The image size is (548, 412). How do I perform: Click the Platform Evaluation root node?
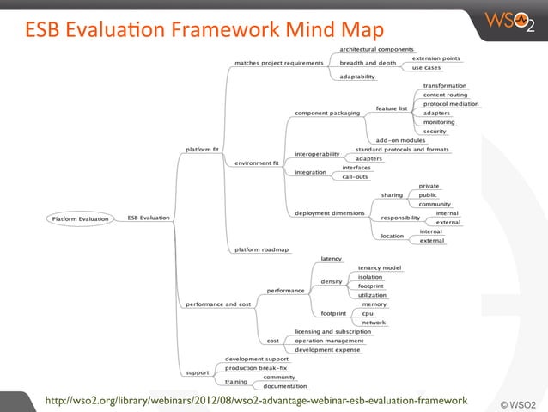click(x=82, y=218)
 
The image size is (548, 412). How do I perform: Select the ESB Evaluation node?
click(x=149, y=218)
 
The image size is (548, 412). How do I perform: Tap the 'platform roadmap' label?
click(x=262, y=249)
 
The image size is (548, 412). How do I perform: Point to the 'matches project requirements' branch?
click(x=279, y=63)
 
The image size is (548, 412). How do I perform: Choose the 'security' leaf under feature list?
click(x=435, y=131)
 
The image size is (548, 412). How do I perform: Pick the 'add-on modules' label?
click(x=401, y=140)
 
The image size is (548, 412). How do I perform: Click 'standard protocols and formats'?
click(x=402, y=150)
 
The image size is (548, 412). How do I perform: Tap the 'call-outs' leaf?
click(x=355, y=176)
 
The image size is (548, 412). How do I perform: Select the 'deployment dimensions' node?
click(x=329, y=212)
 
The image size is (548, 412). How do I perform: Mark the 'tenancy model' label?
click(x=380, y=267)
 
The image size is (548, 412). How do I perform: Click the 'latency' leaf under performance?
click(x=331, y=258)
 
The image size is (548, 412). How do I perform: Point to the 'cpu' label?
click(x=367, y=313)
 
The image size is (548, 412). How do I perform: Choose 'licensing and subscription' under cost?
click(x=332, y=331)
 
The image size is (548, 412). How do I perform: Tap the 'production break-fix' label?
click(x=256, y=367)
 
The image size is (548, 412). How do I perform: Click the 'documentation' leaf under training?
click(x=285, y=386)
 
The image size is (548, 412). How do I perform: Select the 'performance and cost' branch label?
click(x=219, y=304)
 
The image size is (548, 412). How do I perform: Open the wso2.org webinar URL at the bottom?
click(x=256, y=400)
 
